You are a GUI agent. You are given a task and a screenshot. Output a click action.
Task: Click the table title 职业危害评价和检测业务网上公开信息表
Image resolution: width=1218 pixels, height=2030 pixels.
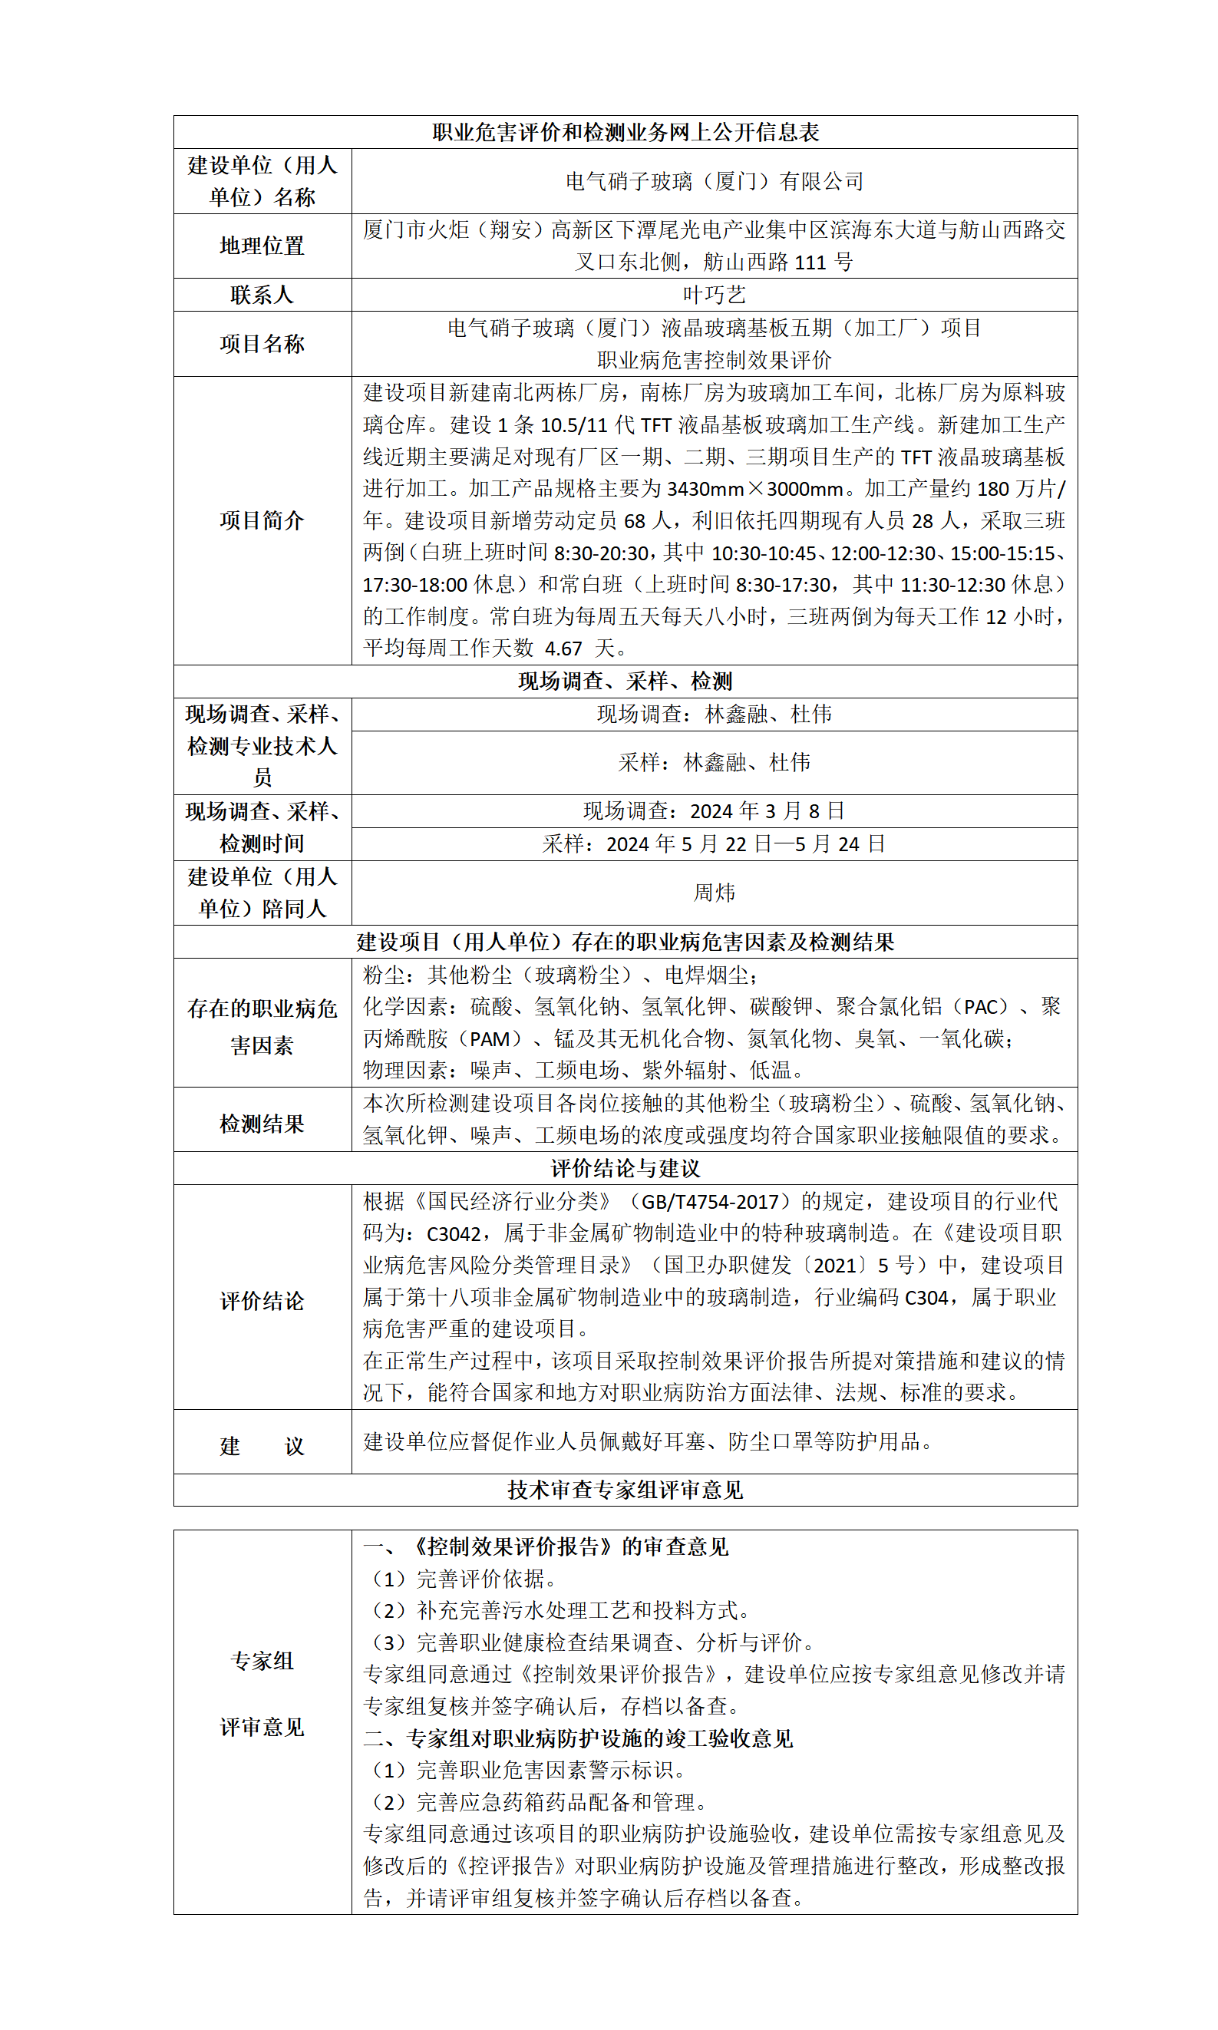point(625,132)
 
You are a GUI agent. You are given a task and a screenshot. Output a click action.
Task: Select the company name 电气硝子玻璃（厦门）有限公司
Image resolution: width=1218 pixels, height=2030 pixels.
point(714,181)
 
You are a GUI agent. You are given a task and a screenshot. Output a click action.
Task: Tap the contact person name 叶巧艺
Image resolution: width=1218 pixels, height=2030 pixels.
point(714,295)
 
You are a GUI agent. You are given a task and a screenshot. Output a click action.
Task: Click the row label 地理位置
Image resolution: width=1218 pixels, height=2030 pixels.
point(262,246)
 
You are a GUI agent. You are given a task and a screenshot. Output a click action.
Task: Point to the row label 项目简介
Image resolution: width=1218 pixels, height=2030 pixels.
point(262,520)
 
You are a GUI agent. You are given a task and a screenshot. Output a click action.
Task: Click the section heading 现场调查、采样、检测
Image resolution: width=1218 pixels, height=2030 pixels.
point(625,681)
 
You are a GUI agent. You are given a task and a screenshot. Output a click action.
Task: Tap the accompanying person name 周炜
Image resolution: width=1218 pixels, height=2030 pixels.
point(714,893)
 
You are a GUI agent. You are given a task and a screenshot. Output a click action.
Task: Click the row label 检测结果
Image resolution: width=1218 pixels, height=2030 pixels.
point(262,1124)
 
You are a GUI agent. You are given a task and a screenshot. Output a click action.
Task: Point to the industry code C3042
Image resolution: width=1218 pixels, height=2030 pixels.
point(453,1234)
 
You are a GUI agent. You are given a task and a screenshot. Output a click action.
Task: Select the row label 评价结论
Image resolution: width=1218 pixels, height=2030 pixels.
point(262,1301)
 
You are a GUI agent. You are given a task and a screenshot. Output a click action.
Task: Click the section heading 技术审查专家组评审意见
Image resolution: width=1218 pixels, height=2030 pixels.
point(625,1490)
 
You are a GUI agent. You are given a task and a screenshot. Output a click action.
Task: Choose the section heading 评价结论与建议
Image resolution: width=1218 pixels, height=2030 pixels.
point(625,1168)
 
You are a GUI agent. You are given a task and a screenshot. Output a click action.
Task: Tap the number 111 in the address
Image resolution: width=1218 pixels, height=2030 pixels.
point(810,262)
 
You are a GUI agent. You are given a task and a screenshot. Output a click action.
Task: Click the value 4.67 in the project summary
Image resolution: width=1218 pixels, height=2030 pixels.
point(563,649)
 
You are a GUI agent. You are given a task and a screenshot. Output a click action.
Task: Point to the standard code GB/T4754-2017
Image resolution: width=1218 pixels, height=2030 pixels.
point(709,1202)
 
